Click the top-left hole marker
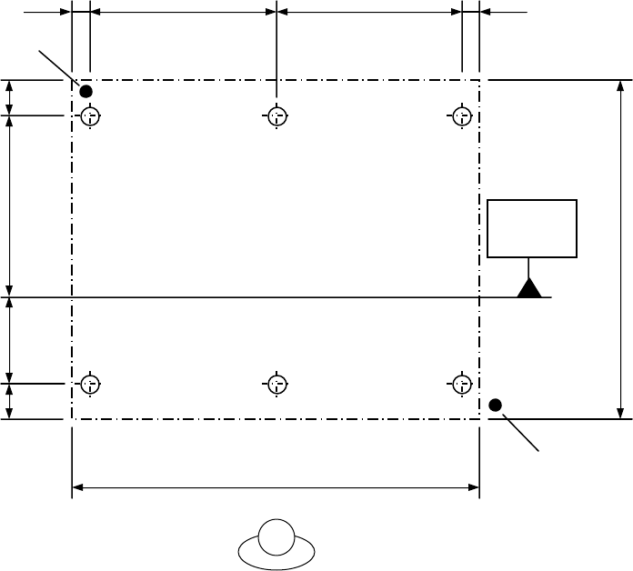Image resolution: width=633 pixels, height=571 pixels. (x=90, y=116)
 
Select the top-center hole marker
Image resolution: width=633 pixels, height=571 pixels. (x=276, y=116)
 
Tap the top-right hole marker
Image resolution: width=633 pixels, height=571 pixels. (x=462, y=116)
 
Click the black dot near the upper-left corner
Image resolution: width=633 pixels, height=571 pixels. (x=86, y=91)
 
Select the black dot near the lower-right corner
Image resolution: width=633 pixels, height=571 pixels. (x=496, y=405)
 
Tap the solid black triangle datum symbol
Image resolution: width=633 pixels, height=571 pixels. (x=530, y=289)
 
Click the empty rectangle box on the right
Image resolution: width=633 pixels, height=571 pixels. (x=532, y=228)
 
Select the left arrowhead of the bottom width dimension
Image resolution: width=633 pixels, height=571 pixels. (x=78, y=488)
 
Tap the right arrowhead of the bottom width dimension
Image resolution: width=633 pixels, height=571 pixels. (x=473, y=488)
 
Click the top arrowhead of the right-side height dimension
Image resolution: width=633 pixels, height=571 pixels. (x=621, y=87)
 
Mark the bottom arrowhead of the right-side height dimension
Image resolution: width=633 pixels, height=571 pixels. (x=621, y=412)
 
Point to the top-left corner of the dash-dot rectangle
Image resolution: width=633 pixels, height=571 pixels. (x=72, y=80)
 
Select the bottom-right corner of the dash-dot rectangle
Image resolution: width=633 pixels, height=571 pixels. (x=479, y=419)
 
